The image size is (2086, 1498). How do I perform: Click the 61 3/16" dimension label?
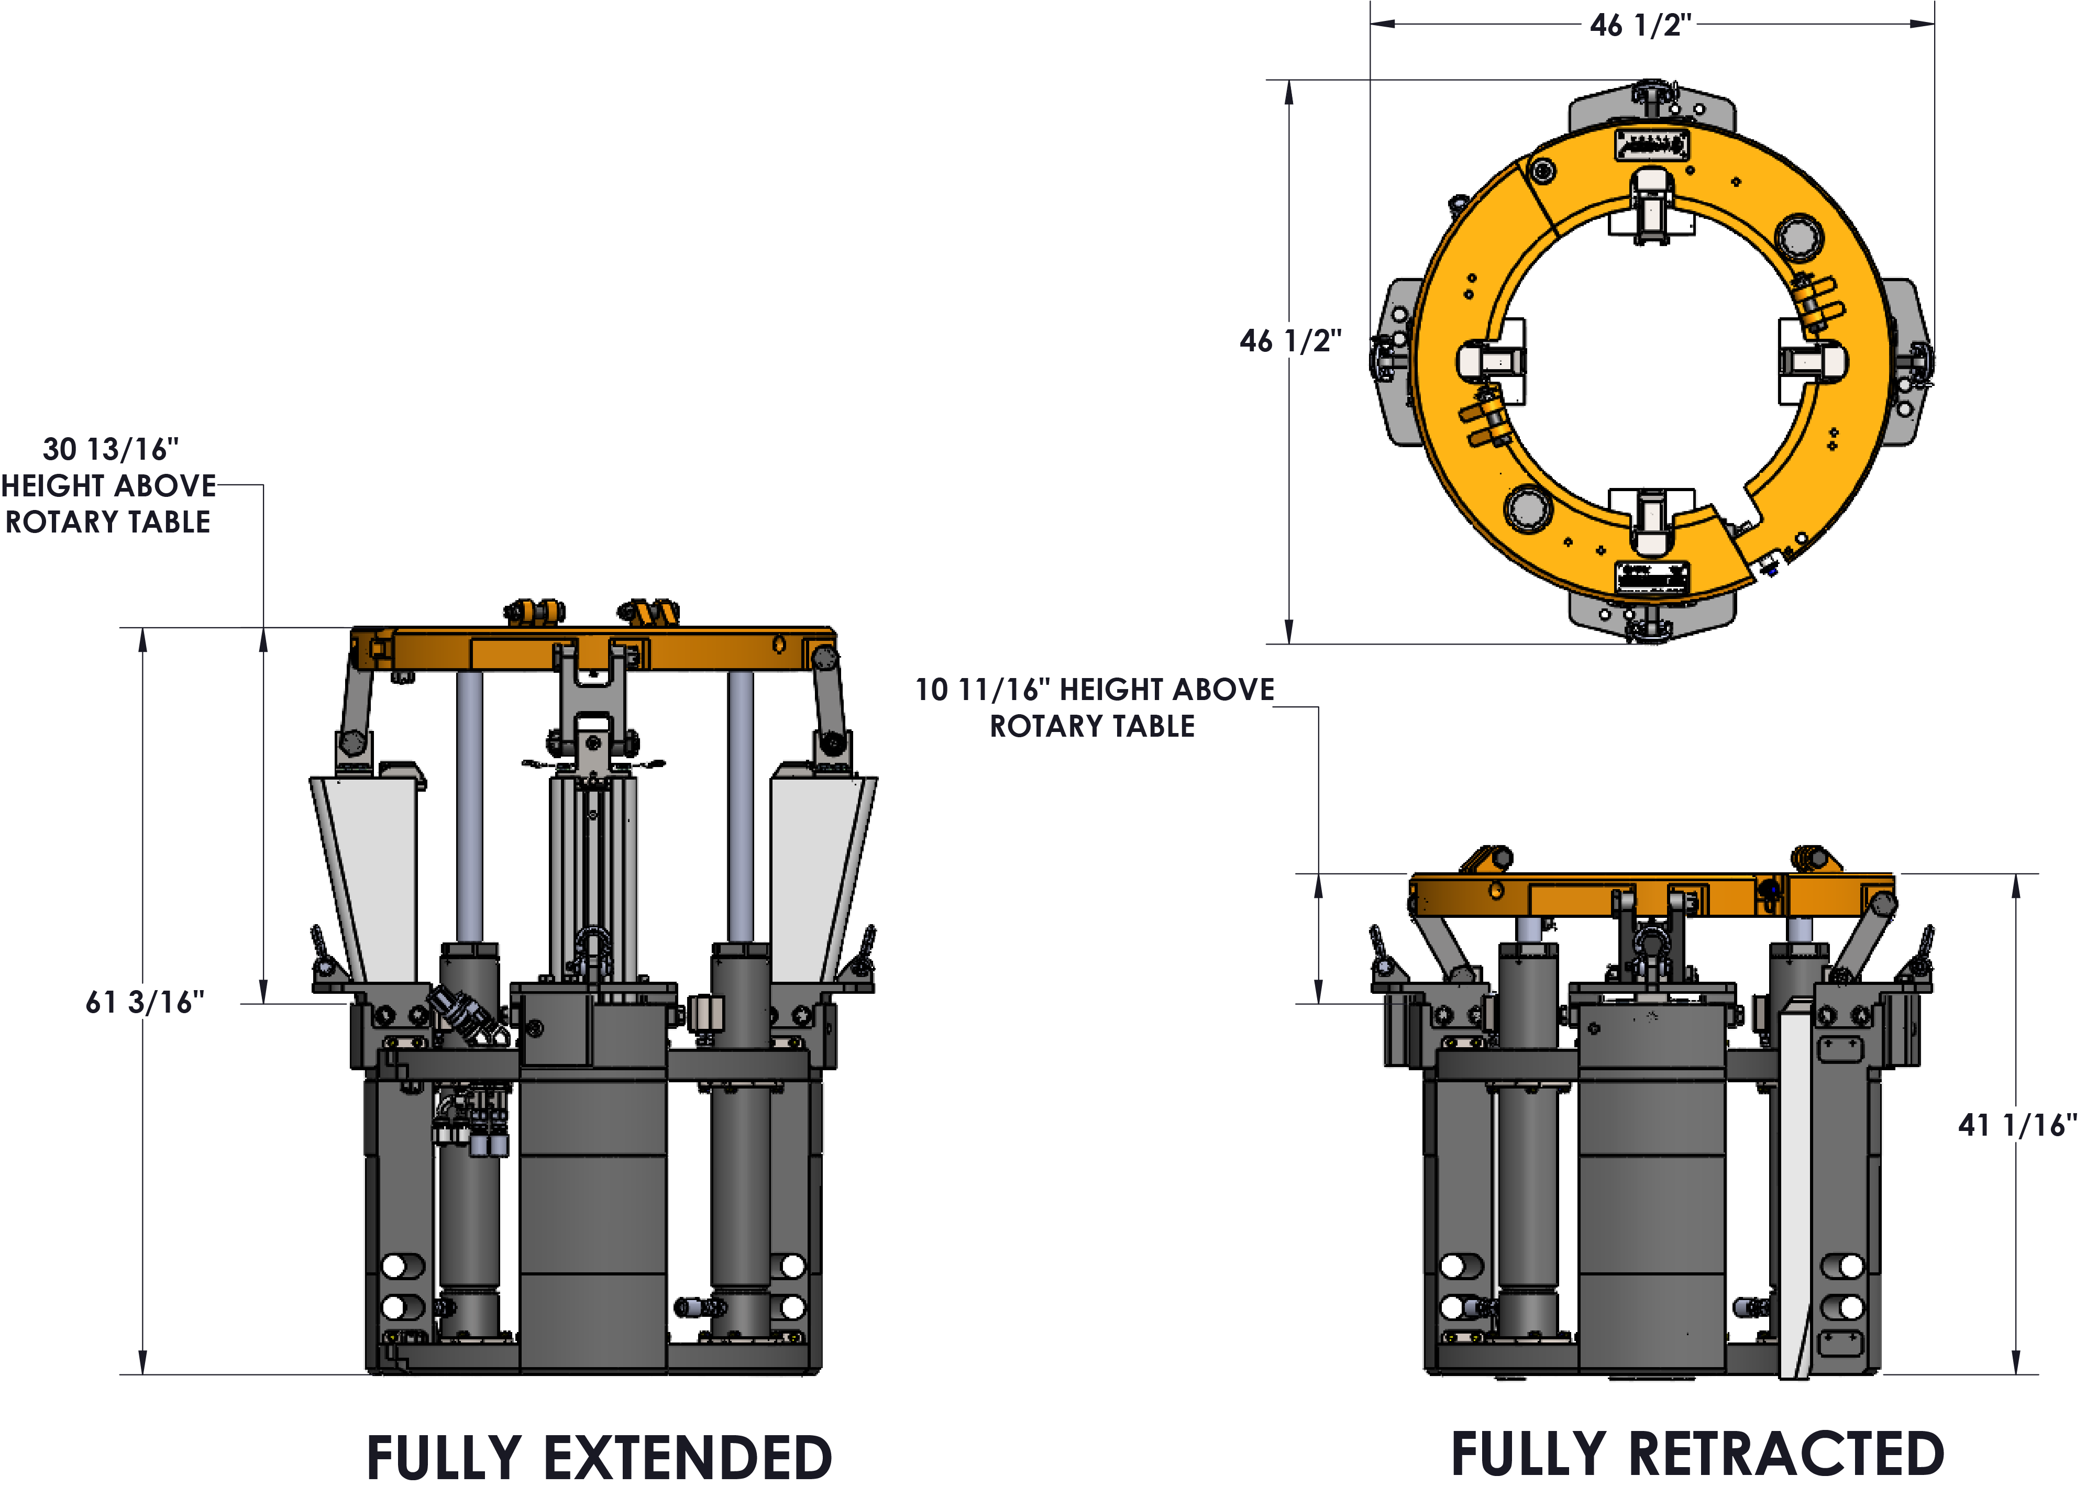pyautogui.click(x=145, y=1002)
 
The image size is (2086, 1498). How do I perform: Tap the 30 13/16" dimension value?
pyautogui.click(x=111, y=449)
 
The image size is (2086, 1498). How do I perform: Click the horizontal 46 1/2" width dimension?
pyautogui.click(x=1641, y=25)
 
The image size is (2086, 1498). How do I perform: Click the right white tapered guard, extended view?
pyautogui.click(x=821, y=878)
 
